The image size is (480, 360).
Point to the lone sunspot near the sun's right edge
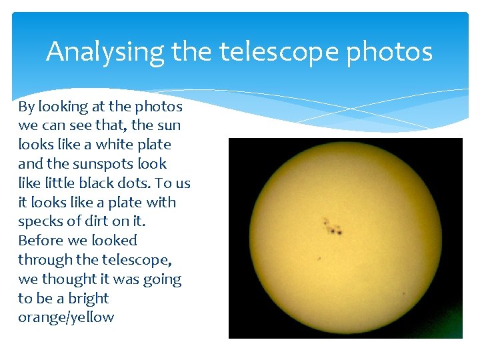coord(403,293)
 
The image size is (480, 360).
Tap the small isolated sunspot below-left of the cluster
coord(319,258)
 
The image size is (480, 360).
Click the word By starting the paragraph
coord(26,107)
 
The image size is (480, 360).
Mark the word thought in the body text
coord(69,279)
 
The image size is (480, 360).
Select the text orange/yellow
coord(66,317)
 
